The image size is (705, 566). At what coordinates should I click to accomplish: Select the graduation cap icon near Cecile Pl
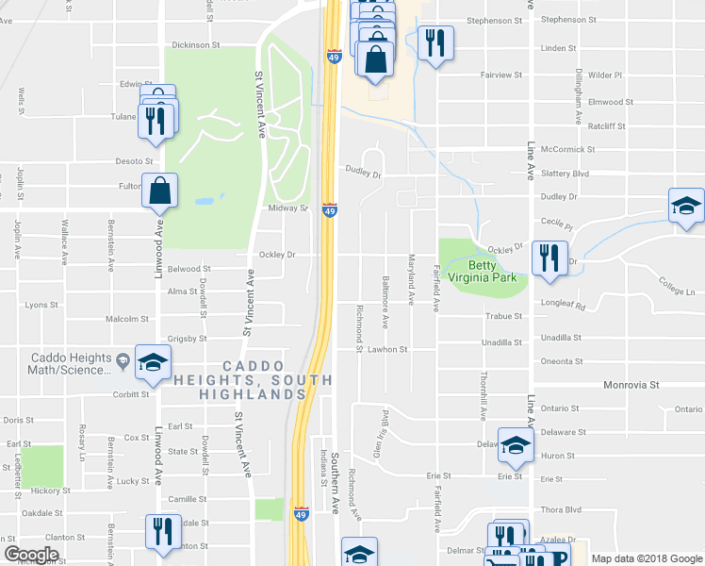click(686, 206)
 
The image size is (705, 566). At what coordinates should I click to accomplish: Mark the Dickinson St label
click(196, 44)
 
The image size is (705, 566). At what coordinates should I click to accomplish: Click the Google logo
click(31, 555)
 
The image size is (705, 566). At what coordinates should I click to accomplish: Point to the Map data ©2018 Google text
click(645, 558)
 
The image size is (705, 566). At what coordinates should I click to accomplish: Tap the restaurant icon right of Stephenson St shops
click(434, 43)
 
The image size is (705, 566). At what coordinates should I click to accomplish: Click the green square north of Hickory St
click(42, 466)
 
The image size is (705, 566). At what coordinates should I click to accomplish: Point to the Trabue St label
click(503, 317)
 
